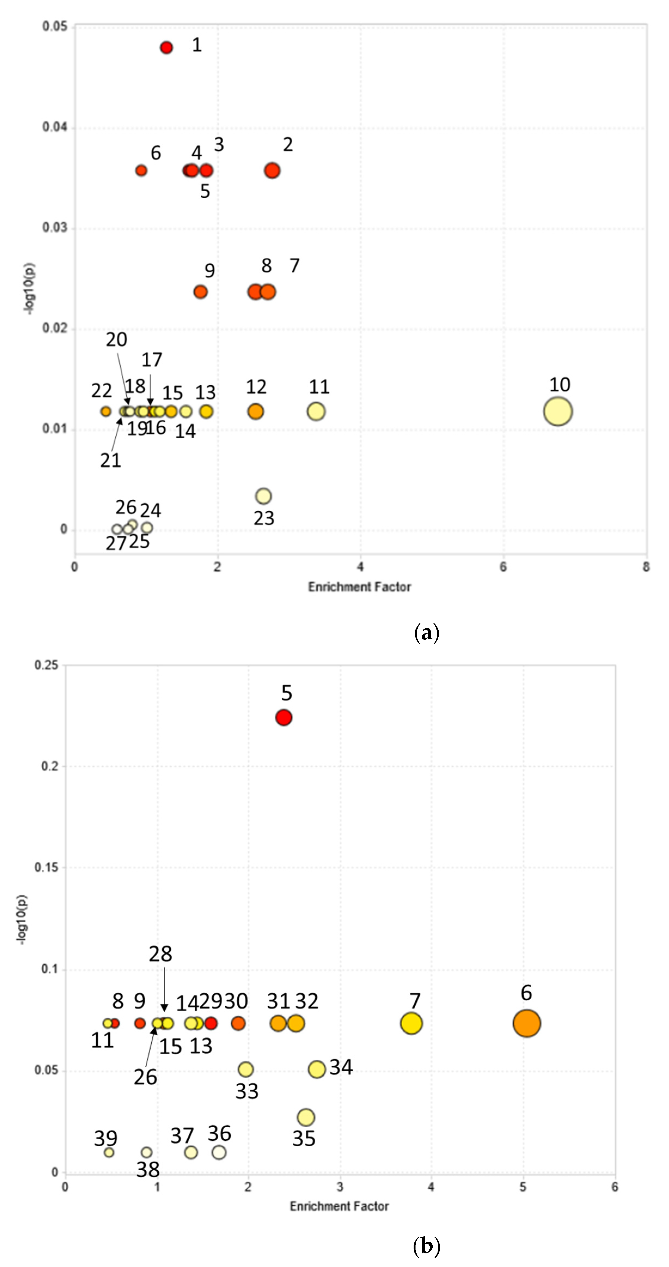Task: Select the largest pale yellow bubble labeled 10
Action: click(557, 411)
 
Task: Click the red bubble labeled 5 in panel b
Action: click(284, 718)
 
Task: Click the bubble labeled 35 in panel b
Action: click(306, 1117)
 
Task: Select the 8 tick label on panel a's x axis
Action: click(646, 567)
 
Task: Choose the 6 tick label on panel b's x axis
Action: click(615, 1187)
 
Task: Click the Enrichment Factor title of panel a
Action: click(359, 587)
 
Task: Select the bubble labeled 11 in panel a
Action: click(316, 411)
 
